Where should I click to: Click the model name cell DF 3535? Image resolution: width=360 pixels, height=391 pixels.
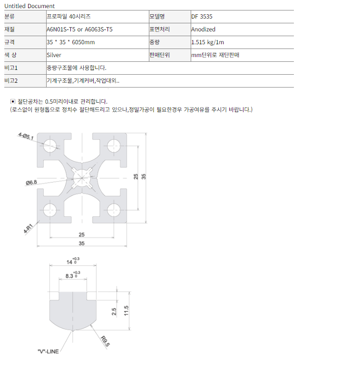[x=202, y=17]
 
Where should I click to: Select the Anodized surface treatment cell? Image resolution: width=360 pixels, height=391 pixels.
[x=203, y=29]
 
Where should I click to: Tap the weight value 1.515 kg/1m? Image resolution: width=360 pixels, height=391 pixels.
[x=207, y=42]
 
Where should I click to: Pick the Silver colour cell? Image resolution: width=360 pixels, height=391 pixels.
[x=54, y=55]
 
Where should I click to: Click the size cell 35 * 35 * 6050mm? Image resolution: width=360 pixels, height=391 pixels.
[x=71, y=42]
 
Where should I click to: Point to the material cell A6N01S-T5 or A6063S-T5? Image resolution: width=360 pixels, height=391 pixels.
[x=79, y=29]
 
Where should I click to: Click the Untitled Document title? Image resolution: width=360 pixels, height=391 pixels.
[x=29, y=6]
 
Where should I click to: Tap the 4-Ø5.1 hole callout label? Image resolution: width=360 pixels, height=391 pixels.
[x=26, y=136]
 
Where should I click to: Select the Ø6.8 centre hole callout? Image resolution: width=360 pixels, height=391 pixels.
[x=31, y=183]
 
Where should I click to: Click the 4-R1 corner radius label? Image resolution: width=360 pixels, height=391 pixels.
[x=28, y=229]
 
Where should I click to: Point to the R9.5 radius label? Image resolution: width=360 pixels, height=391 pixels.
[x=105, y=342]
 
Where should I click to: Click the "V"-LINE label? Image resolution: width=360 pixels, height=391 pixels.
[x=48, y=352]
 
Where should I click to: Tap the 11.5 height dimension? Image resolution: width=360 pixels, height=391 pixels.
[x=126, y=311]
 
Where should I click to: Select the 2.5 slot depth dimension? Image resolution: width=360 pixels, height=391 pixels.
[x=114, y=312]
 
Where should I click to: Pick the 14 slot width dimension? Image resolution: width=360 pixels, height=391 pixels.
[x=73, y=261]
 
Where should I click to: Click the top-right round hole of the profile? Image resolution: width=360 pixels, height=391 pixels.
[x=114, y=146]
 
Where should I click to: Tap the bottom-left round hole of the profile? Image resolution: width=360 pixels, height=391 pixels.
[x=50, y=210]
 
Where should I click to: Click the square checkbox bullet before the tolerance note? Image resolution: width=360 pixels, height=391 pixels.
[x=13, y=101]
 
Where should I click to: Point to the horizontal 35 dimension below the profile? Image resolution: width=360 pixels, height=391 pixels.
[x=82, y=244]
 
